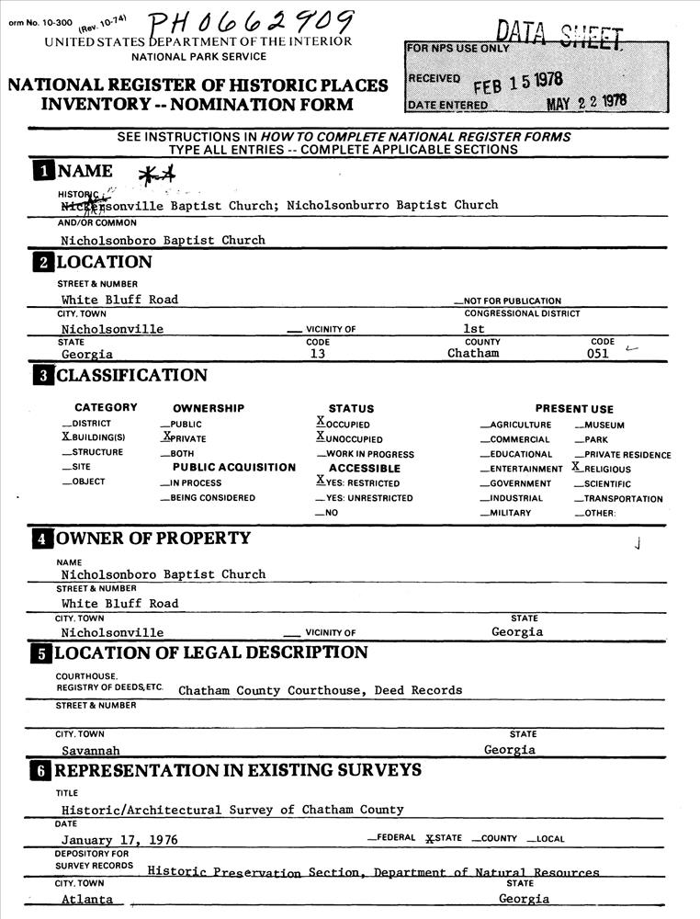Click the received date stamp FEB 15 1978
click(x=518, y=84)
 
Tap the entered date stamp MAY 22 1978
click(x=587, y=102)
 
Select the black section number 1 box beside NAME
click(x=43, y=171)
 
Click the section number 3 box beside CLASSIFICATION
click(x=43, y=375)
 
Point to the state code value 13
click(x=318, y=354)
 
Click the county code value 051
click(x=597, y=354)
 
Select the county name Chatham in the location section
click(x=473, y=354)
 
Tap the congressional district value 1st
click(x=474, y=328)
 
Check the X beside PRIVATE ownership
click(x=166, y=437)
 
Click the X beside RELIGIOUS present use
click(x=576, y=468)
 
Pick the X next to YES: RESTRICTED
click(x=320, y=482)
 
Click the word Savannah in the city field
click(x=89, y=750)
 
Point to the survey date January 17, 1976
click(x=119, y=840)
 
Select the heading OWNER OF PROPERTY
click(x=153, y=539)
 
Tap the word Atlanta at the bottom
click(x=87, y=900)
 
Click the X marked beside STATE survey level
click(x=429, y=839)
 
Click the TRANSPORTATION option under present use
click(x=623, y=499)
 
